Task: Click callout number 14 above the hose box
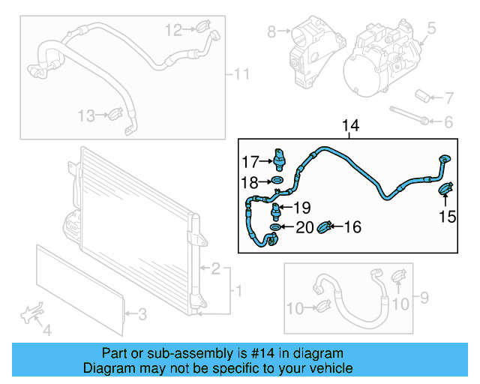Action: (x=350, y=126)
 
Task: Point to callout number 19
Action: (x=301, y=208)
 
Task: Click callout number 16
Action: (x=352, y=226)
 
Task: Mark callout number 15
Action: (x=447, y=217)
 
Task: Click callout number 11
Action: (x=241, y=74)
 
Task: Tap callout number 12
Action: (x=173, y=30)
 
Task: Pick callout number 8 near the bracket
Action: (x=271, y=31)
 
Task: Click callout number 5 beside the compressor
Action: (x=431, y=30)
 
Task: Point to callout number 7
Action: (x=449, y=97)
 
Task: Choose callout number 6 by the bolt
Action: (x=448, y=122)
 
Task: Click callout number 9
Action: (x=424, y=298)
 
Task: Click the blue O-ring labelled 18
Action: (x=276, y=181)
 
